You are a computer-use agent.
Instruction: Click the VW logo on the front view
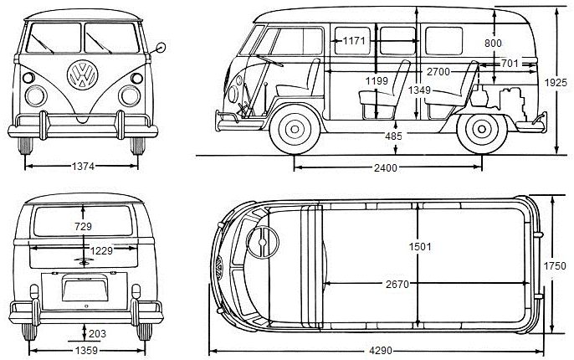tap(82, 76)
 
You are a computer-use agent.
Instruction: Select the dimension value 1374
tap(83, 167)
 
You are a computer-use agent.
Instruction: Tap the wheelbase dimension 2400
tap(385, 167)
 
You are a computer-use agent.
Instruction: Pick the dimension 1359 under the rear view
tap(81, 350)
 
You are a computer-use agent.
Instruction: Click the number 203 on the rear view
tap(97, 334)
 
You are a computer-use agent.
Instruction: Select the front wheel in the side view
tap(294, 129)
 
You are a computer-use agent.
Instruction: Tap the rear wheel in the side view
tap(480, 129)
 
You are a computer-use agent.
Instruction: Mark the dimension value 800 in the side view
tap(494, 42)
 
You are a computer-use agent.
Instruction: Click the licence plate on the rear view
tap(83, 287)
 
